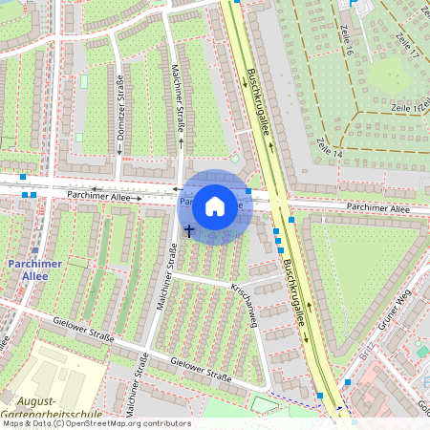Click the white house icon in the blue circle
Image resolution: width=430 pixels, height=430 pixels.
coord(215,205)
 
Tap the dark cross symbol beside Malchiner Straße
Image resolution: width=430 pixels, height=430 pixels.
coord(188,230)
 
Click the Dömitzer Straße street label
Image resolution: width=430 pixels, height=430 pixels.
coord(120,107)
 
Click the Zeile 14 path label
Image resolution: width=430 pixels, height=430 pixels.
coord(329,148)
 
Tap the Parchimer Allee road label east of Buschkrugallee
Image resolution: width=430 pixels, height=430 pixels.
coord(378,207)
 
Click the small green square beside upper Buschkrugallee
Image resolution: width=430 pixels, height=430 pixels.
coord(235,159)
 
